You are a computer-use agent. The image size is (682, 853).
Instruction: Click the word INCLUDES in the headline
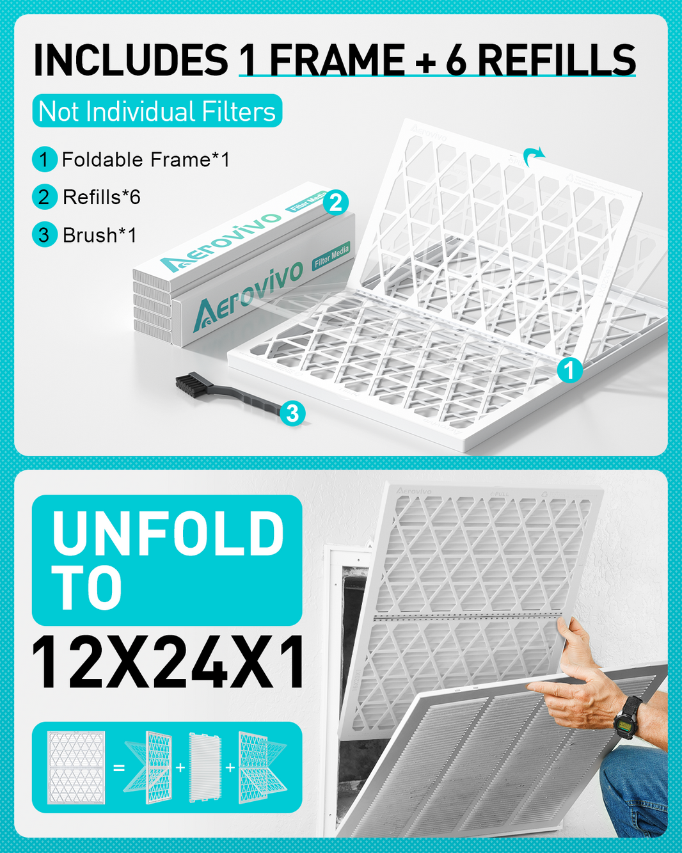[131, 61]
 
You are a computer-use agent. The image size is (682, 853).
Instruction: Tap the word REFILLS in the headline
[557, 61]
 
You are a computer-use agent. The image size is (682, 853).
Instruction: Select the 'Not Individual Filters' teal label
[157, 111]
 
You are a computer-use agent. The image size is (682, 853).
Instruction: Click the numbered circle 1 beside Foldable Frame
[44, 159]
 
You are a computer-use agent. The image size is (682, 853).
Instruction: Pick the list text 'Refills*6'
[102, 197]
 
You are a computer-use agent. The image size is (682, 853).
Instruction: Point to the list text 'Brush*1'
[100, 235]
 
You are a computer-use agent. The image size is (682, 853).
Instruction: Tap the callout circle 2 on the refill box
[336, 203]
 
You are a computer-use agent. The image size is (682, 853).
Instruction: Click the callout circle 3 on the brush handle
[292, 413]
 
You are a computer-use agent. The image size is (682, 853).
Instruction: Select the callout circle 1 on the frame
[569, 370]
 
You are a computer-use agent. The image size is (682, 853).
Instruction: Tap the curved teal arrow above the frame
[533, 155]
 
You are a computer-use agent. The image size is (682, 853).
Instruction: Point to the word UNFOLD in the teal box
[168, 533]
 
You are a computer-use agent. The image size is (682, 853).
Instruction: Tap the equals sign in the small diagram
[119, 767]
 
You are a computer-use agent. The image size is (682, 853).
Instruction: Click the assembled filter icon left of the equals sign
[76, 767]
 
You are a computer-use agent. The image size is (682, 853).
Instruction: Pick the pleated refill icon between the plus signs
[205, 767]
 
